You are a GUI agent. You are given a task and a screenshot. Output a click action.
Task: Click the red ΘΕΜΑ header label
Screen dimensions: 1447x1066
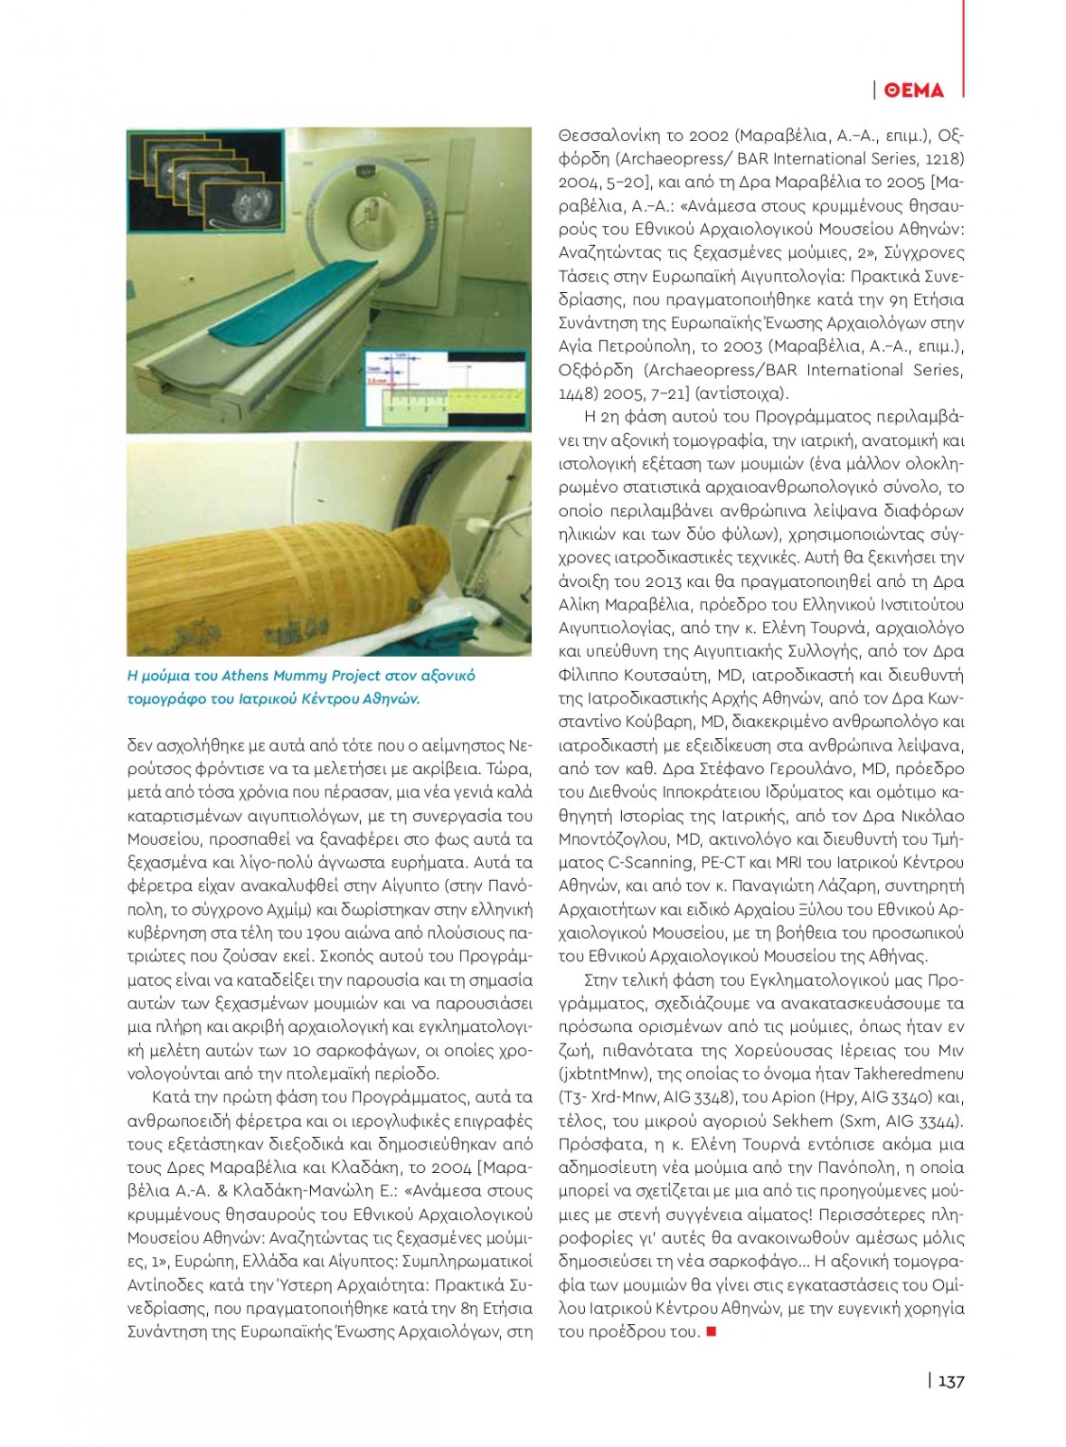pos(914,90)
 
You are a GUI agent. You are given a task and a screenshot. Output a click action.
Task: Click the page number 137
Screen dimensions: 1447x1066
pos(950,1381)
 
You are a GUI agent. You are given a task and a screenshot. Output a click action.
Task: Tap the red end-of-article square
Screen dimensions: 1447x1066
pos(712,1331)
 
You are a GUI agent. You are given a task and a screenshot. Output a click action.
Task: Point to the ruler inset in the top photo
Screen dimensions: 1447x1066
pos(444,387)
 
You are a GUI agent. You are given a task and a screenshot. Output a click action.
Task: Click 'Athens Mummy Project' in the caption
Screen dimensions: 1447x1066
pos(301,676)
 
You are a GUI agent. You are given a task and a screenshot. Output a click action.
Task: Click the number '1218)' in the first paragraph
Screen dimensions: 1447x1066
pos(944,159)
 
